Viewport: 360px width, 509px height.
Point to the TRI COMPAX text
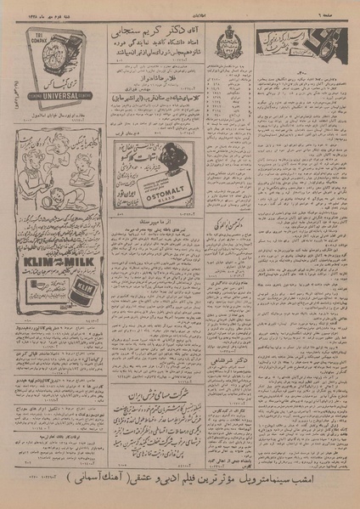[x=31, y=31]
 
